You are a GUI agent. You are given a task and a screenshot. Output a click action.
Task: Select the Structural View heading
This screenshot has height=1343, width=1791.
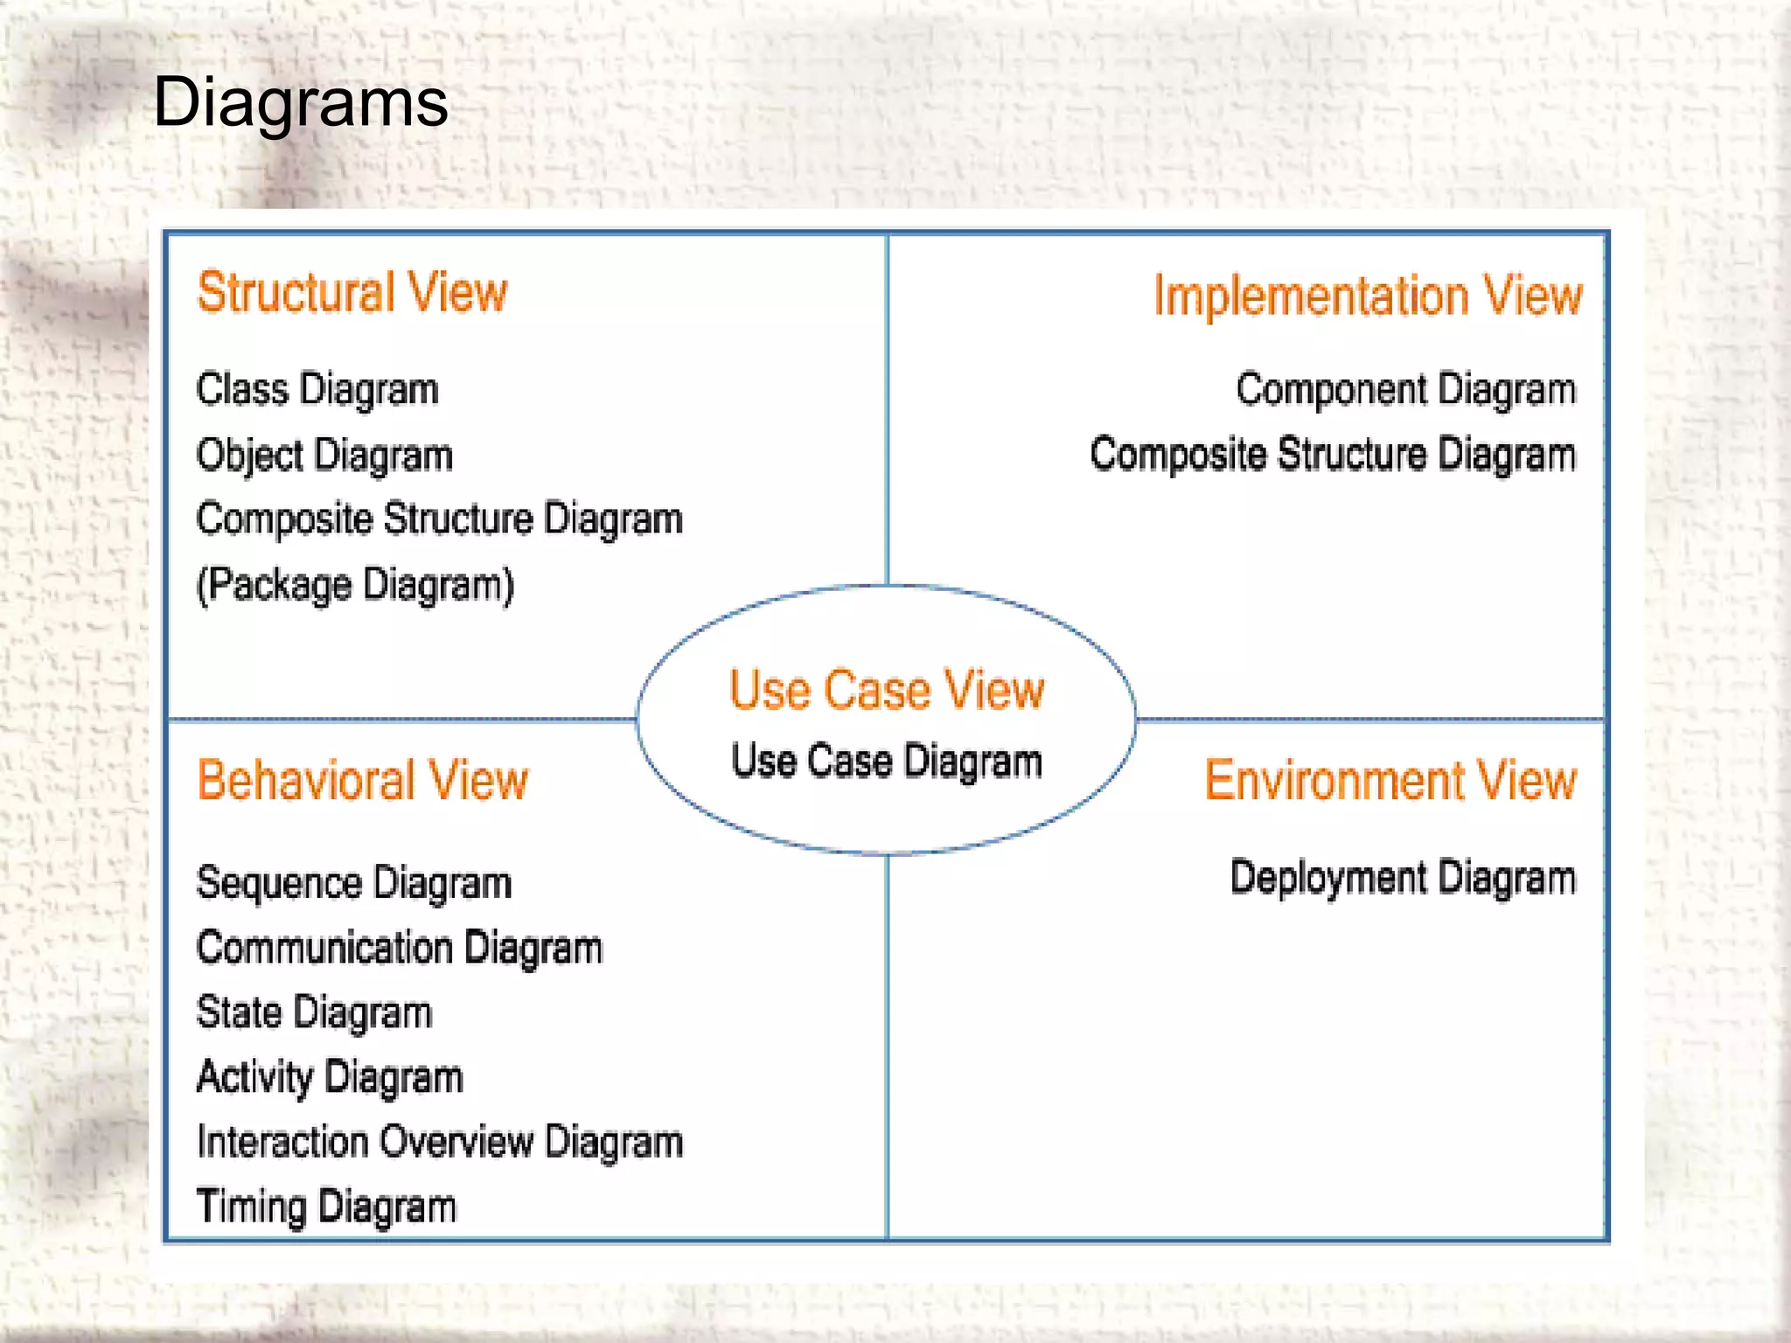pyautogui.click(x=352, y=292)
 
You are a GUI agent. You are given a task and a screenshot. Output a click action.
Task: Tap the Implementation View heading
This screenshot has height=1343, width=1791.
pyautogui.click(x=1368, y=295)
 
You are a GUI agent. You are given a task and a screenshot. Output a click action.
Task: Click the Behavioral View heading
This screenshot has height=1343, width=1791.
pyautogui.click(x=363, y=780)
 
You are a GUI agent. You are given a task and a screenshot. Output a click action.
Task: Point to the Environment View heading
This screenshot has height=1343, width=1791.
pyautogui.click(x=1390, y=780)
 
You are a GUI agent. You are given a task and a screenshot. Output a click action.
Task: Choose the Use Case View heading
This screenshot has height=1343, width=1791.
pyautogui.click(x=887, y=690)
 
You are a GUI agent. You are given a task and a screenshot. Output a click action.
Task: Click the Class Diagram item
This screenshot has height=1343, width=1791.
pyautogui.click(x=317, y=390)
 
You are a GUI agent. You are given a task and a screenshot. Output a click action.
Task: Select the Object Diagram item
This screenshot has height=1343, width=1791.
pyautogui.click(x=324, y=456)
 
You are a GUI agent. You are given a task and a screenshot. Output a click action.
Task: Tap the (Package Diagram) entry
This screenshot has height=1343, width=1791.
pyautogui.click(x=355, y=585)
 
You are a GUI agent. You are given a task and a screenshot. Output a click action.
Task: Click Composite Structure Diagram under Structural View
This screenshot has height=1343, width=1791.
pyautogui.click(x=439, y=519)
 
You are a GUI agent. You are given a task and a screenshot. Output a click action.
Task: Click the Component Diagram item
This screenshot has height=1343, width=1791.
pyautogui.click(x=1405, y=390)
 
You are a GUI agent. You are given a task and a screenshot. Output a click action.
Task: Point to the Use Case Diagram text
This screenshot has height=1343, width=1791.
pyautogui.click(x=887, y=762)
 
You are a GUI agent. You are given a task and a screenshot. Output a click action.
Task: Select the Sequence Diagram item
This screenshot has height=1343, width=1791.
pyautogui.click(x=354, y=883)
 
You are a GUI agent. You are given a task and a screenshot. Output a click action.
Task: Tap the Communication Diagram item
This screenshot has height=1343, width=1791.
pyautogui.click(x=400, y=949)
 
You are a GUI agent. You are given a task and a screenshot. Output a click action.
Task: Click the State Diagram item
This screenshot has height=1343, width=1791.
pyautogui.click(x=314, y=1013)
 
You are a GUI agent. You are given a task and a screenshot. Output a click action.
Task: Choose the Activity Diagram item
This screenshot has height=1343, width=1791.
pyautogui.click(x=330, y=1078)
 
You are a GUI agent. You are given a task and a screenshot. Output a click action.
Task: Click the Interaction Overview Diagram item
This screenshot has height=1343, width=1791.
pyautogui.click(x=439, y=1143)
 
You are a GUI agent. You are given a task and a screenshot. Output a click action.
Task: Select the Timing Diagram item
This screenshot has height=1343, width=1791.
pyautogui.click(x=326, y=1207)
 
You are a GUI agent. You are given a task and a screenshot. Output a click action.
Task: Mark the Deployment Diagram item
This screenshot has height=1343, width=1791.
pyautogui.click(x=1403, y=878)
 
